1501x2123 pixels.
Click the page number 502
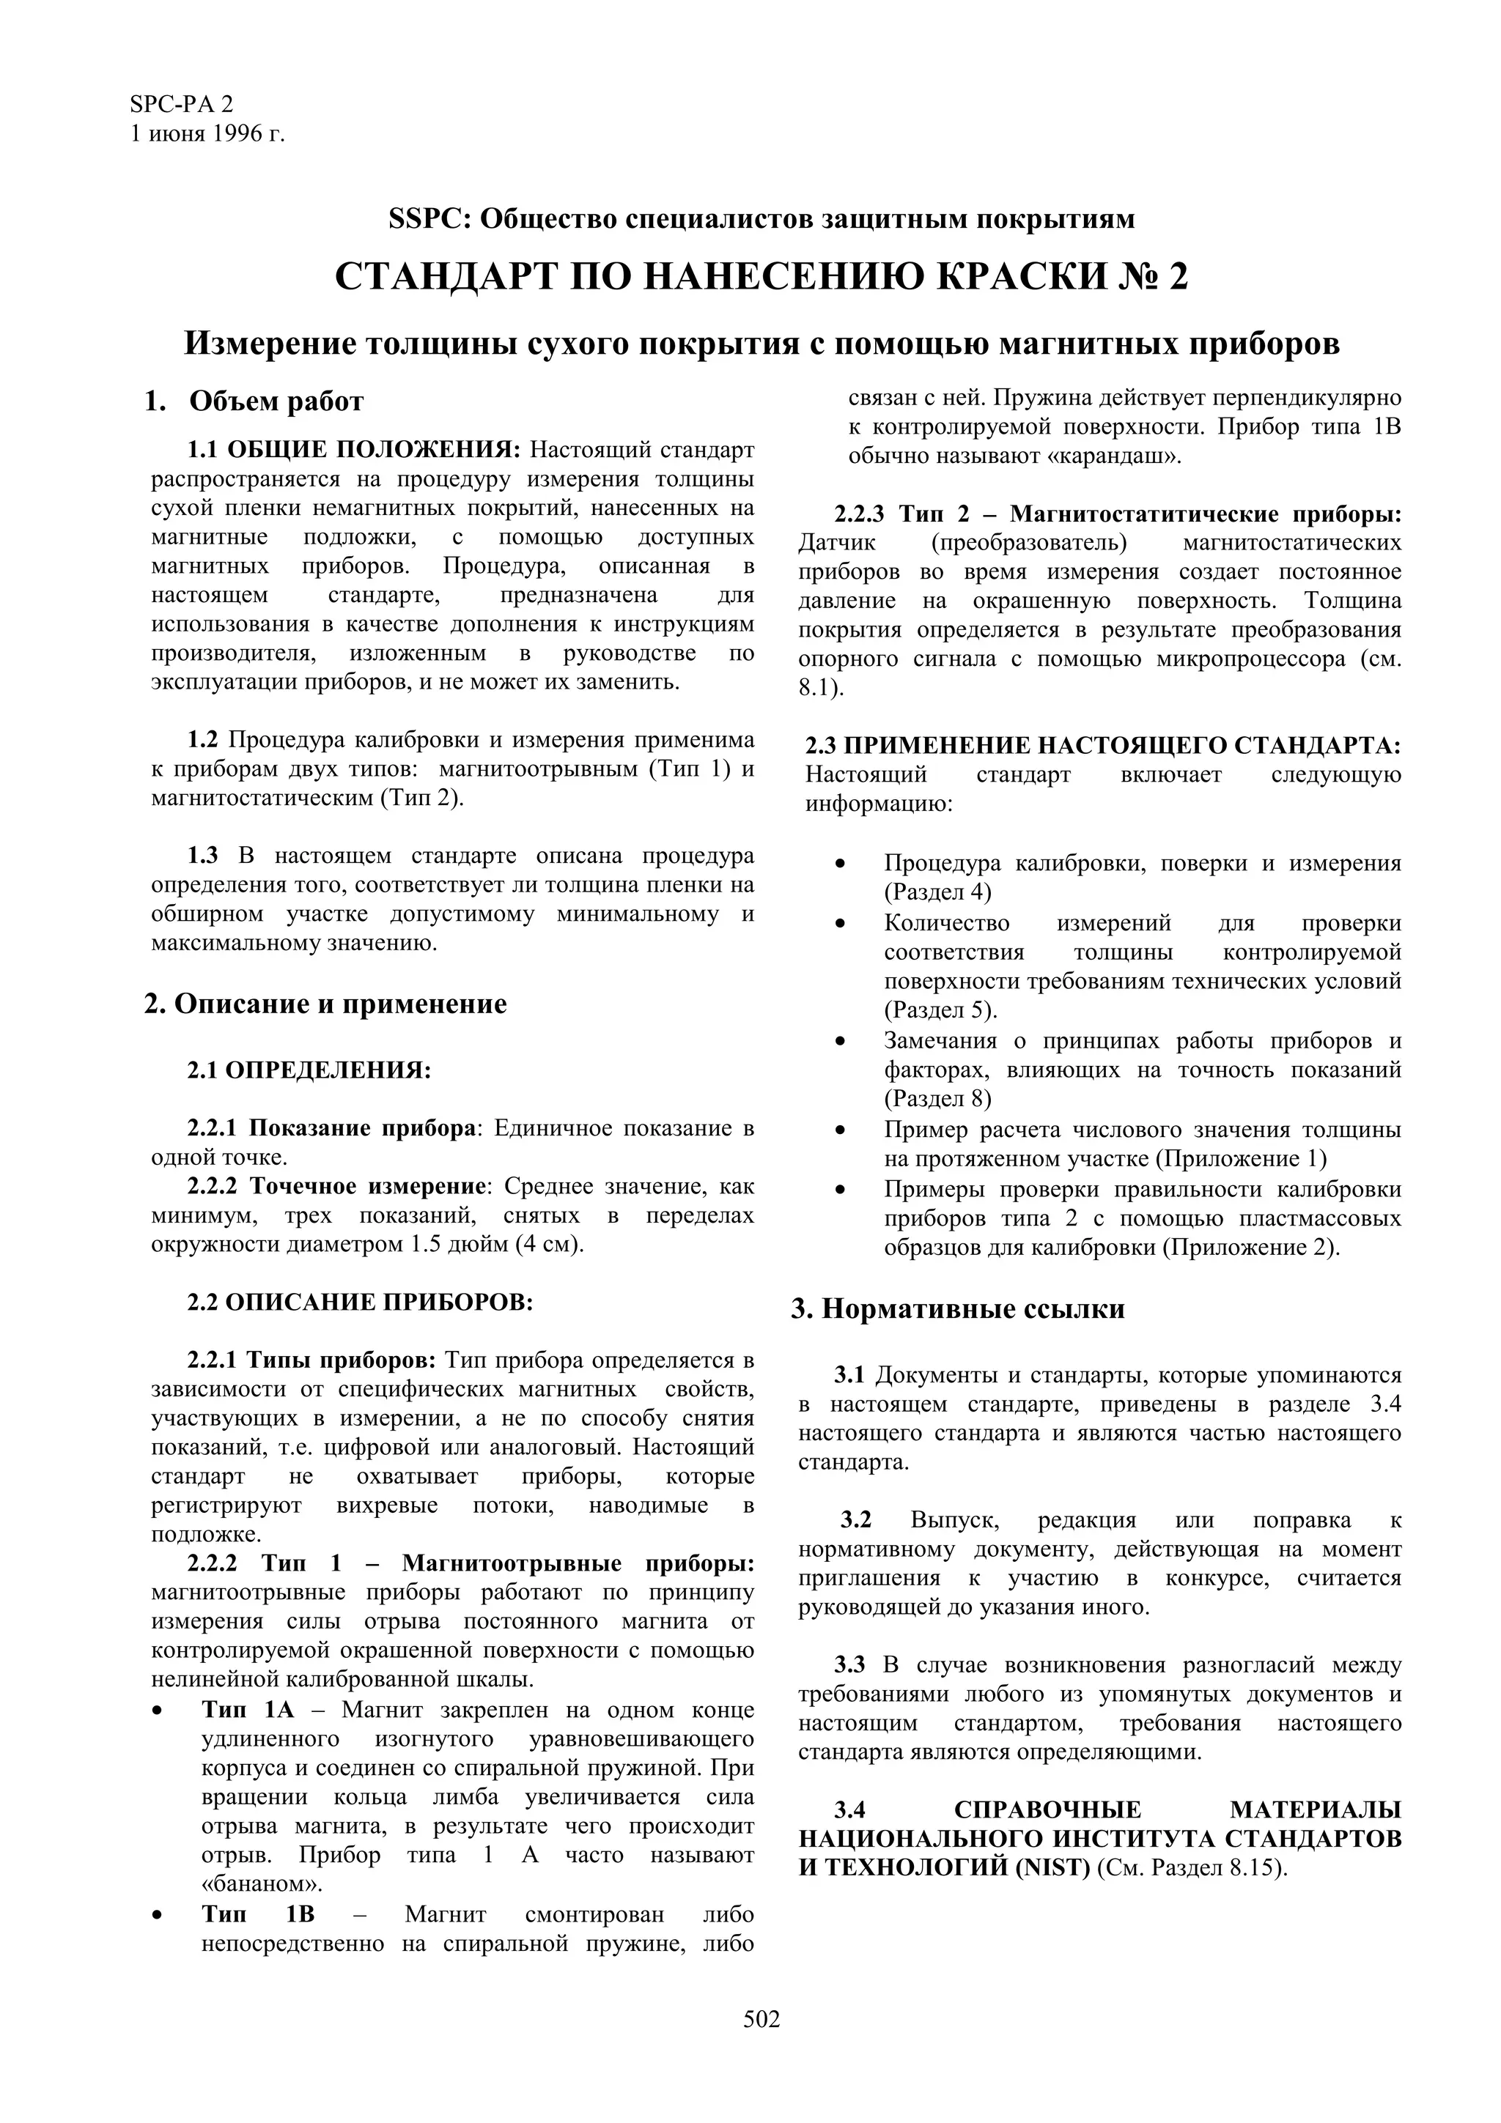click(761, 2045)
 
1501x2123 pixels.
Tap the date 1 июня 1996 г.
click(207, 134)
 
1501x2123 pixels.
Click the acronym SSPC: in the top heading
click(431, 219)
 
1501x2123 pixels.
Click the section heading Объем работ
click(276, 401)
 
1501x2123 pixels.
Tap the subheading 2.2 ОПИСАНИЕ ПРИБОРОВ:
click(360, 1302)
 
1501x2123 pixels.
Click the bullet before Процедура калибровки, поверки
click(840, 864)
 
